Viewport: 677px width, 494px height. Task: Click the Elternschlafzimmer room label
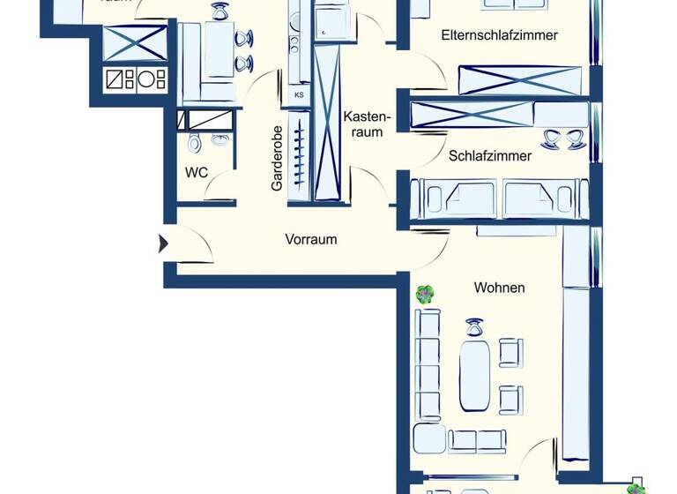coord(499,35)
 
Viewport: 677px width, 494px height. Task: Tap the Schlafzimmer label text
coord(490,156)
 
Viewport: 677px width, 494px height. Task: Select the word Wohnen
coord(499,288)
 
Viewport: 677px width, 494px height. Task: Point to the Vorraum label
coord(310,239)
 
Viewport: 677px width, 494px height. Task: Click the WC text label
coord(196,172)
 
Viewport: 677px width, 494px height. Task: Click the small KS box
coord(299,94)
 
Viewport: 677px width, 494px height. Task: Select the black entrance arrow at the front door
coord(163,243)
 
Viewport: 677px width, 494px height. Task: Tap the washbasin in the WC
coord(219,138)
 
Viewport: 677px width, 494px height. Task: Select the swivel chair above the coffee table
coord(475,329)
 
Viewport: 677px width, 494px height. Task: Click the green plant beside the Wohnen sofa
coord(426,295)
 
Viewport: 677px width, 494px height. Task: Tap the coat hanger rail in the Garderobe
coord(300,155)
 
